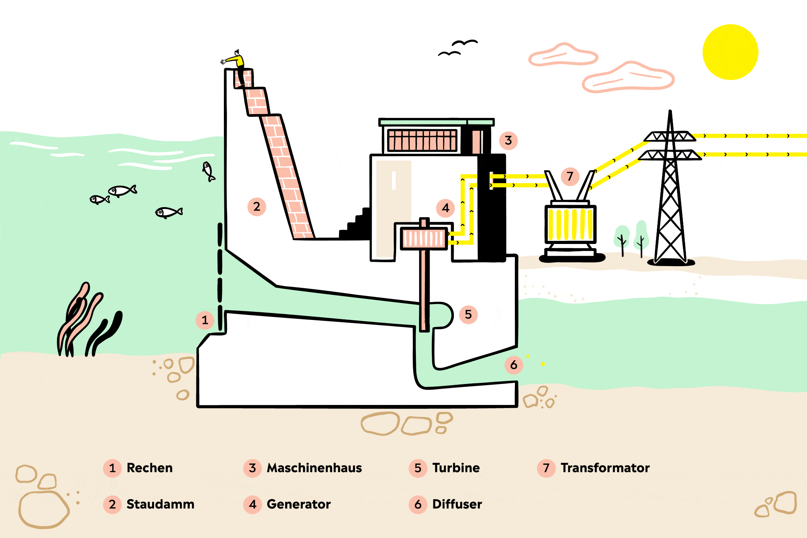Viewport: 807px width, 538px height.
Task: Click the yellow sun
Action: (x=730, y=52)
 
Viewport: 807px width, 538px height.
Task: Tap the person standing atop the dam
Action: (x=235, y=66)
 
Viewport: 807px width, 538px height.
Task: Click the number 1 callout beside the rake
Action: (x=205, y=320)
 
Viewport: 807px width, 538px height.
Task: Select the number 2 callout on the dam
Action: (x=256, y=206)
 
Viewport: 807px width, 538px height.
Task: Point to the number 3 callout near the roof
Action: (x=508, y=140)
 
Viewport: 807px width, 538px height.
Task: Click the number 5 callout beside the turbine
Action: (x=468, y=314)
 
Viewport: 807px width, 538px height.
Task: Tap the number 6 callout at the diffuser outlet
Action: (x=514, y=365)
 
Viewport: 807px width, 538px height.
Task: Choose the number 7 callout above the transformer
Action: (x=570, y=176)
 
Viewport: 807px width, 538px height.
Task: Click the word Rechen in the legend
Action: (x=150, y=468)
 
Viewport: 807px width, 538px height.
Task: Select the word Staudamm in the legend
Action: (x=160, y=504)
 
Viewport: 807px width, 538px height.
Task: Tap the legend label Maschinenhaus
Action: (x=314, y=468)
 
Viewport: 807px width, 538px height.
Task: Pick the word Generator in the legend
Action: (x=299, y=504)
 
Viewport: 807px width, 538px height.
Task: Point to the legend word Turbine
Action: (x=456, y=468)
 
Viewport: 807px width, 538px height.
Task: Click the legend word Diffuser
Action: (x=457, y=504)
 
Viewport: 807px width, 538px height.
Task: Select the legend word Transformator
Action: (x=605, y=468)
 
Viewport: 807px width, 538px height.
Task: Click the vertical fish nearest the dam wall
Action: (x=208, y=171)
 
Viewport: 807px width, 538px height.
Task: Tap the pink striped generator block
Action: (x=424, y=238)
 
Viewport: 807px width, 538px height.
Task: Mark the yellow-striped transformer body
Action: (x=570, y=224)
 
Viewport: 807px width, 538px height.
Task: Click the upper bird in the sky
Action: (x=464, y=42)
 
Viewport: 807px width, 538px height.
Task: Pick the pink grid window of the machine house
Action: (x=422, y=140)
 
